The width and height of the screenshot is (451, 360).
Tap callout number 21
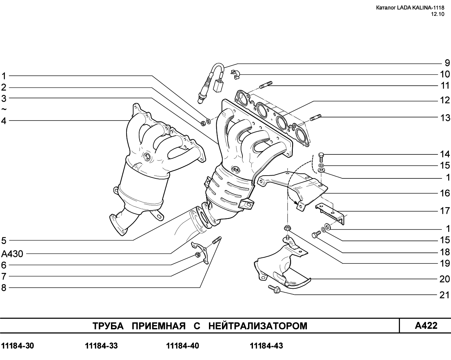coord(445,295)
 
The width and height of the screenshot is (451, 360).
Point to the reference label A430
coord(12,254)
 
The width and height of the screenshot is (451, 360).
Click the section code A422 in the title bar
coord(426,325)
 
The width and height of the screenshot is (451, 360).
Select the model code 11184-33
coord(101,346)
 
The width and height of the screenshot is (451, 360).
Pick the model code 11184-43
coord(266,346)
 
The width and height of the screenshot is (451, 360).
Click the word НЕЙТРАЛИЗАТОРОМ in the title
coord(258,326)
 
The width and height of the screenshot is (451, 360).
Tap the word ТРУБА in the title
coord(108,326)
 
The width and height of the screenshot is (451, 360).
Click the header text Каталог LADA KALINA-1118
coord(410,8)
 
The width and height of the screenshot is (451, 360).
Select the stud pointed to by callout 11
coord(266,85)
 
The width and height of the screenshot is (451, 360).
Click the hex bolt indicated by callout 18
coord(316,234)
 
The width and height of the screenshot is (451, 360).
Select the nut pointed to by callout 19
coord(287,228)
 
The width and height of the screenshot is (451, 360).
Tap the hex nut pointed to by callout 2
coord(203,123)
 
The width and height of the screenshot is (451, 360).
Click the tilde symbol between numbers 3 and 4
coord(4,109)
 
